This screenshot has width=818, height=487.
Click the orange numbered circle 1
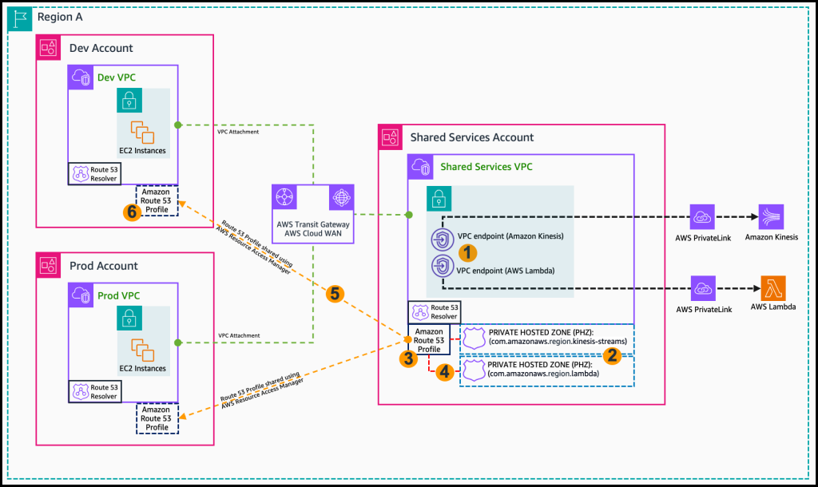coord(469,252)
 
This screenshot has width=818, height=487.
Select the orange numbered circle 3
coord(408,358)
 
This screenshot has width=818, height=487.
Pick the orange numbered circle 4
coord(445,371)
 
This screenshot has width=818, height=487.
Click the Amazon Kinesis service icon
coord(771,217)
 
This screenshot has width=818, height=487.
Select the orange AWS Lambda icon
coord(772,287)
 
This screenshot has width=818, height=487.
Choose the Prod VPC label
coord(118,295)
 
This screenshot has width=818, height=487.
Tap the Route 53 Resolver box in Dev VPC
coord(93,174)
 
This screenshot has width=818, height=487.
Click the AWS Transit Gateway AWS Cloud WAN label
coord(313,229)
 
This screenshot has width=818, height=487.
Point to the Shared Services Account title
coord(471,137)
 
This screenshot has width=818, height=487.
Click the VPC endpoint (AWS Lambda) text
coord(504,271)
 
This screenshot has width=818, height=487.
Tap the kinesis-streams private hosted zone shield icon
coord(473,337)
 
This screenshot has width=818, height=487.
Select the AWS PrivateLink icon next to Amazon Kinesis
coord(703,217)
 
